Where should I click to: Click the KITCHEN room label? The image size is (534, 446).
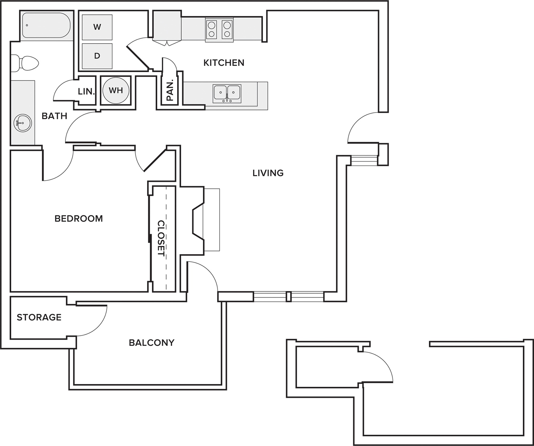pyautogui.click(x=224, y=63)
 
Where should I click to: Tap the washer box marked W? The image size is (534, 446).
pyautogui.click(x=97, y=27)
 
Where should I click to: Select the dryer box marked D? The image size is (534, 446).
pyautogui.click(x=97, y=56)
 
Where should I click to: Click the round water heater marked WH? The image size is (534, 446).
pyautogui.click(x=116, y=90)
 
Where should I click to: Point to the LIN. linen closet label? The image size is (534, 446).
pyautogui.click(x=86, y=92)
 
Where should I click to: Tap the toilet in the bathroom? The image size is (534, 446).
pyautogui.click(x=27, y=64)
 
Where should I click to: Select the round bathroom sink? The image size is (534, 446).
pyautogui.click(x=23, y=123)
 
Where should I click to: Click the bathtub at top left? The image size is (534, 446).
pyautogui.click(x=46, y=25)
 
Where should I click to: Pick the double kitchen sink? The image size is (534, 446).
pyautogui.click(x=227, y=93)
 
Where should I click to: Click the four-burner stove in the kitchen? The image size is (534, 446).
pyautogui.click(x=219, y=29)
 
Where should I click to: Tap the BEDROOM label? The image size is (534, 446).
pyautogui.click(x=78, y=219)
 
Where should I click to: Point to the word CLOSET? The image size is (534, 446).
pyautogui.click(x=161, y=238)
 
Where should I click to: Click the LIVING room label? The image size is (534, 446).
pyautogui.click(x=268, y=173)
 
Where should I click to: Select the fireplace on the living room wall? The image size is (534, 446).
pyautogui.click(x=199, y=220)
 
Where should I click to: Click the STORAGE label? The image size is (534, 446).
pyautogui.click(x=39, y=317)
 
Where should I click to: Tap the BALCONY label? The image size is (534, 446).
pyautogui.click(x=151, y=342)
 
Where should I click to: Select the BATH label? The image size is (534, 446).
pyautogui.click(x=54, y=116)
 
